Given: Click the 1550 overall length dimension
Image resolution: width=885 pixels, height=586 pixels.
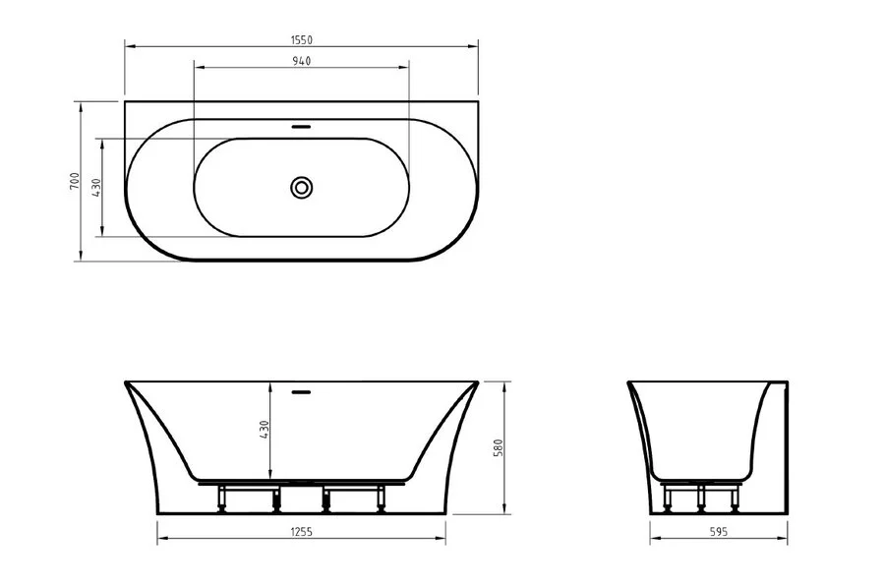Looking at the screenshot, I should tap(301, 38).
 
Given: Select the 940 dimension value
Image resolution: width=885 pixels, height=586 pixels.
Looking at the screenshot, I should tap(301, 61).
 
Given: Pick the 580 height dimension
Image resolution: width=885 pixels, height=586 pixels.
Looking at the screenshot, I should tap(499, 447).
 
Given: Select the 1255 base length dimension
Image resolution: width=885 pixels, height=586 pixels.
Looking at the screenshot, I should tap(302, 530).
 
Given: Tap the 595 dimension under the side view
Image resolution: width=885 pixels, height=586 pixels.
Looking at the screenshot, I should tap(718, 530).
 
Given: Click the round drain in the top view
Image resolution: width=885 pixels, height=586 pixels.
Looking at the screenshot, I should tap(302, 186).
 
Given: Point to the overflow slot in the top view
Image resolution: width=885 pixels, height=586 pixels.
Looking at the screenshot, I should tap(302, 126).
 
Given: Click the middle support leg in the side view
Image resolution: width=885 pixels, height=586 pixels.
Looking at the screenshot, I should tap(701, 498).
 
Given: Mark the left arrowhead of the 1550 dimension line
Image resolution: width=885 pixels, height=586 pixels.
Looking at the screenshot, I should tap(129, 45).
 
